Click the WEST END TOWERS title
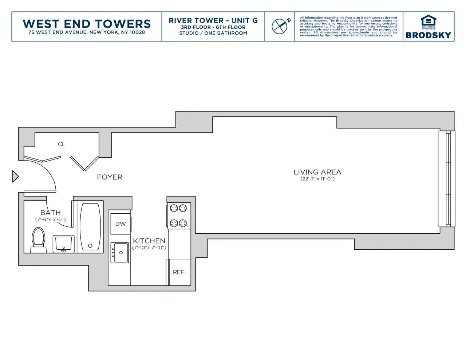(x=87, y=24)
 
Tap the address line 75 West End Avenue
(x=87, y=32)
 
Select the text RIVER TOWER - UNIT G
(x=213, y=21)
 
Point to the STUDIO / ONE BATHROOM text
(x=213, y=33)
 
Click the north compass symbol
(x=280, y=26)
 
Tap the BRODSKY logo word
(x=428, y=35)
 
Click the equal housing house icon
(x=428, y=21)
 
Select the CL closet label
(x=62, y=144)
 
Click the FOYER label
(x=110, y=177)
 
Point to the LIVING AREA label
(x=317, y=172)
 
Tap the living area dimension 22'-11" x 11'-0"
(x=317, y=179)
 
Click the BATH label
(x=51, y=213)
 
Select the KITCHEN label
(x=149, y=241)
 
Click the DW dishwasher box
(x=121, y=224)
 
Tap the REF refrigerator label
(x=178, y=272)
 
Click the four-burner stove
(x=178, y=215)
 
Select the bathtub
(x=90, y=226)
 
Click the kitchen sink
(x=120, y=253)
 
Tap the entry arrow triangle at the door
(x=15, y=176)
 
